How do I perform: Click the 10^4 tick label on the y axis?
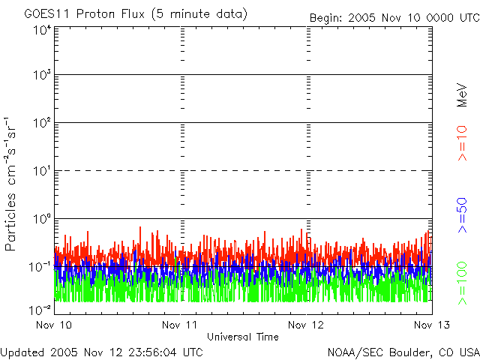41,30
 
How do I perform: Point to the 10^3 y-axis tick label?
41,75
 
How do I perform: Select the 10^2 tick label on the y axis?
41,122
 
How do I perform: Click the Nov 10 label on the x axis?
54,325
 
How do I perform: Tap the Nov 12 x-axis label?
307,325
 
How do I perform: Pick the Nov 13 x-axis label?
432,325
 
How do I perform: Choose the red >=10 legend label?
463,142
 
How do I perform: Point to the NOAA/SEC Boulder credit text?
403,352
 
